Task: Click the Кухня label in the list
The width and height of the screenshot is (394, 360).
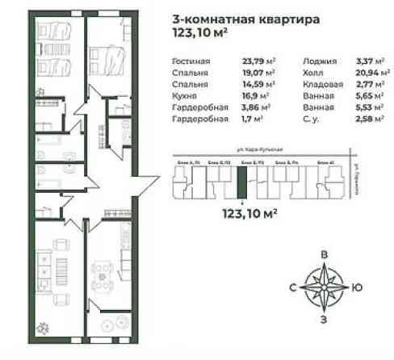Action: click(186, 94)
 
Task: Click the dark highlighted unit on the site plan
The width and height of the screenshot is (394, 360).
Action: click(241, 182)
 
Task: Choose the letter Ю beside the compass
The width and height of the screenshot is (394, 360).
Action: click(357, 287)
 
